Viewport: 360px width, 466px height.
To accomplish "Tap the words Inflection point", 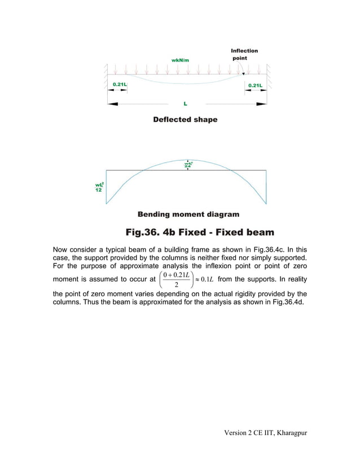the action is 244,54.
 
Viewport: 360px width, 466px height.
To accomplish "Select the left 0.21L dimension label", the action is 119,85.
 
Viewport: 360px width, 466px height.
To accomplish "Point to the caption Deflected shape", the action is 185,120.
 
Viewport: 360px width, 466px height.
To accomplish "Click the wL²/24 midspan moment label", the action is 188,165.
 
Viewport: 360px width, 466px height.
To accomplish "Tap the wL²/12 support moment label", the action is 99,187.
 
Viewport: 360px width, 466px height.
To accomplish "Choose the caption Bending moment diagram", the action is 188,214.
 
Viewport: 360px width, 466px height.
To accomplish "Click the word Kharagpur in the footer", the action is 289,432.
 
